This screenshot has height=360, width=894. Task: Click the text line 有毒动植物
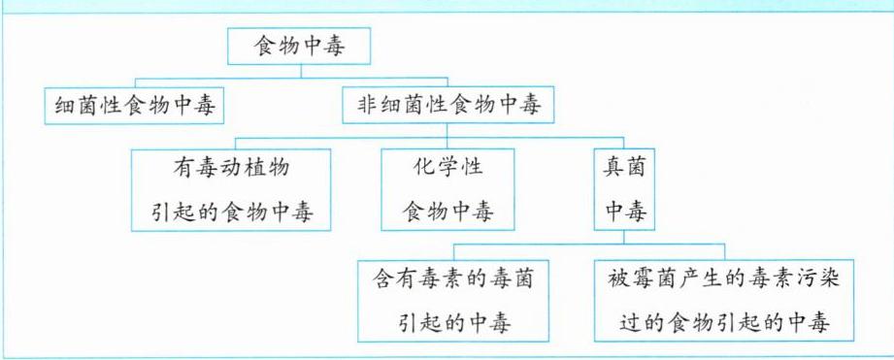pyautogui.click(x=231, y=168)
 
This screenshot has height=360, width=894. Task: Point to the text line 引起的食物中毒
pyautogui.click(x=232, y=212)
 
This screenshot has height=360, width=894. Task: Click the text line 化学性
pyautogui.click(x=447, y=168)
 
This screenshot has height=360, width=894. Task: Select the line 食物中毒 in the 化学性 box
pyautogui.click(x=447, y=212)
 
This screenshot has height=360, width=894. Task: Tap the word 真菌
pyautogui.click(x=624, y=168)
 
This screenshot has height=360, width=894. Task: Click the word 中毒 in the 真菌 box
pyautogui.click(x=624, y=212)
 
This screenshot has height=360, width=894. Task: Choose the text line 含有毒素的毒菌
pyautogui.click(x=453, y=279)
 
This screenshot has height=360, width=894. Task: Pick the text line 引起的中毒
pyautogui.click(x=453, y=323)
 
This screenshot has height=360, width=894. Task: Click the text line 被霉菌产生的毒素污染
pyautogui.click(x=724, y=279)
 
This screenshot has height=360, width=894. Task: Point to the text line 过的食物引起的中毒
pyautogui.click(x=724, y=323)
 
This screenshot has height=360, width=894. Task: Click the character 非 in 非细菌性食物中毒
pyautogui.click(x=368, y=106)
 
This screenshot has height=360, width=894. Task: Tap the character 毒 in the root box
pyautogui.click(x=335, y=47)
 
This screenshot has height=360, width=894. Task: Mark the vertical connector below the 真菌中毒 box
pyautogui.click(x=624, y=238)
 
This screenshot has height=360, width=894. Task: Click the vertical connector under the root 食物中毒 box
pyautogui.click(x=301, y=71)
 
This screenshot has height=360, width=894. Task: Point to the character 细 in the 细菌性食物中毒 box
pyautogui.click(x=67, y=106)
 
